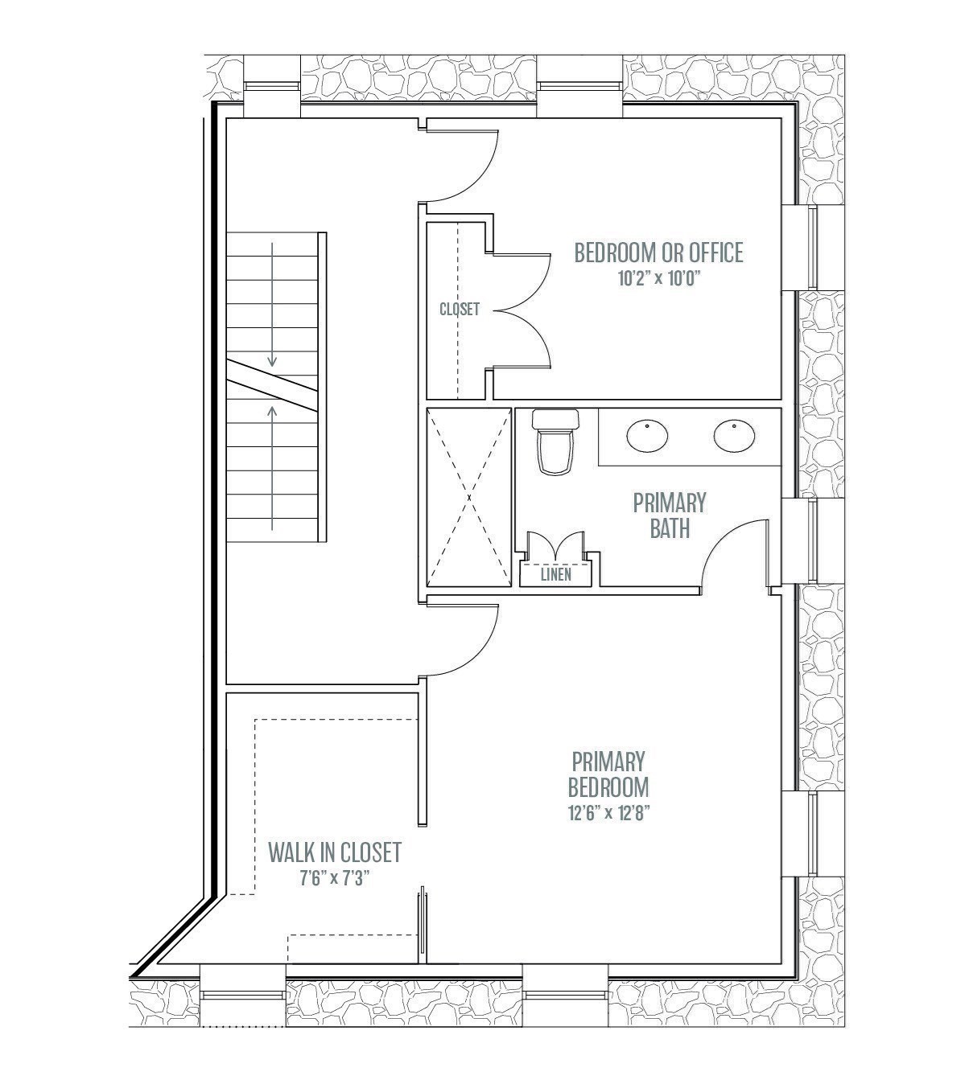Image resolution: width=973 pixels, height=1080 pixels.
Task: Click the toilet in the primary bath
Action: (556, 442)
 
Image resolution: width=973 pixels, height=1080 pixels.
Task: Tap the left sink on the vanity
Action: (647, 436)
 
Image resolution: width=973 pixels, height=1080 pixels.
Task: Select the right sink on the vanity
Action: (733, 435)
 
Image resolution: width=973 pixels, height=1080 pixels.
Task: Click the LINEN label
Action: (556, 574)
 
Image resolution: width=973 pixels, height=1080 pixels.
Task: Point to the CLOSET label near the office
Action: (460, 309)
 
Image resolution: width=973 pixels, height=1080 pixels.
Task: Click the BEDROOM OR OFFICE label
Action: (658, 253)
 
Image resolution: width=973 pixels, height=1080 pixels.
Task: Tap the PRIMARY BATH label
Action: (670, 515)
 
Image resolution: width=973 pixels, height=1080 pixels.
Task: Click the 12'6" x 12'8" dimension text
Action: (608, 812)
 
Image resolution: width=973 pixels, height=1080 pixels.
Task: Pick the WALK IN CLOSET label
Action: (335, 851)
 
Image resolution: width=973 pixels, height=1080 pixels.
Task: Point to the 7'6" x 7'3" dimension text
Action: (336, 878)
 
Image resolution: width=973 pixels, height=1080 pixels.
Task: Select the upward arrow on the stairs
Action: (273, 466)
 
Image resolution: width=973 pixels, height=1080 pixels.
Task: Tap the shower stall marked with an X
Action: (468, 498)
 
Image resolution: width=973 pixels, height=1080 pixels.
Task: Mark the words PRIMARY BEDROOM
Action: (608, 773)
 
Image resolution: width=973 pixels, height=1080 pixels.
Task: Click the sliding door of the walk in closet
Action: (421, 925)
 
